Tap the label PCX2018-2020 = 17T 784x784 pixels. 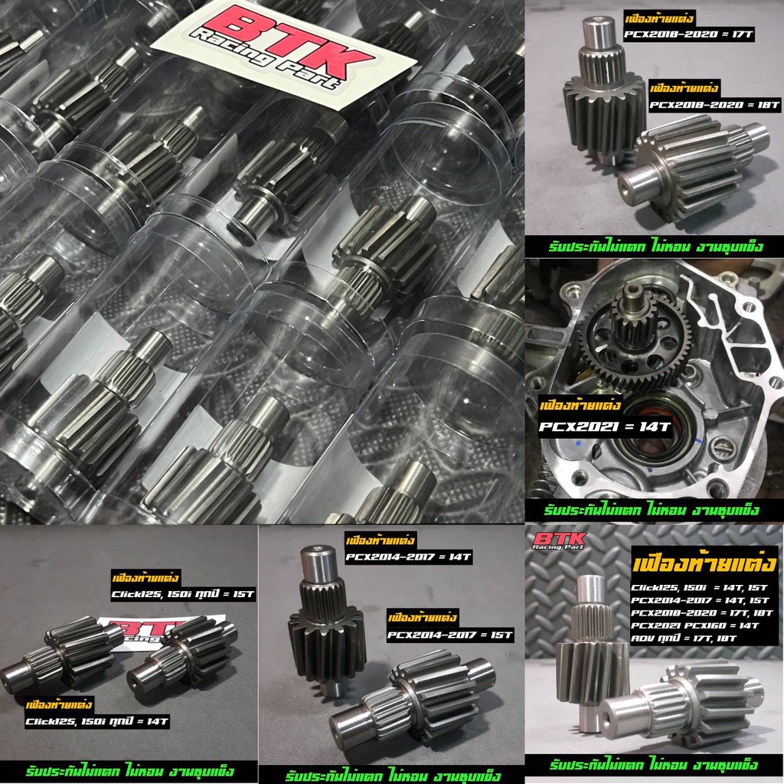[688, 34]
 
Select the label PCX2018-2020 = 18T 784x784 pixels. [714, 105]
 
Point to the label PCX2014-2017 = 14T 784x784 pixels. [409, 557]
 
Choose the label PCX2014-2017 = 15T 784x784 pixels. [450, 635]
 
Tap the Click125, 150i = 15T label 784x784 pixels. [183, 594]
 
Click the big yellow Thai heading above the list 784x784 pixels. [704, 564]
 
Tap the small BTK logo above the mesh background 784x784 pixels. [559, 541]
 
